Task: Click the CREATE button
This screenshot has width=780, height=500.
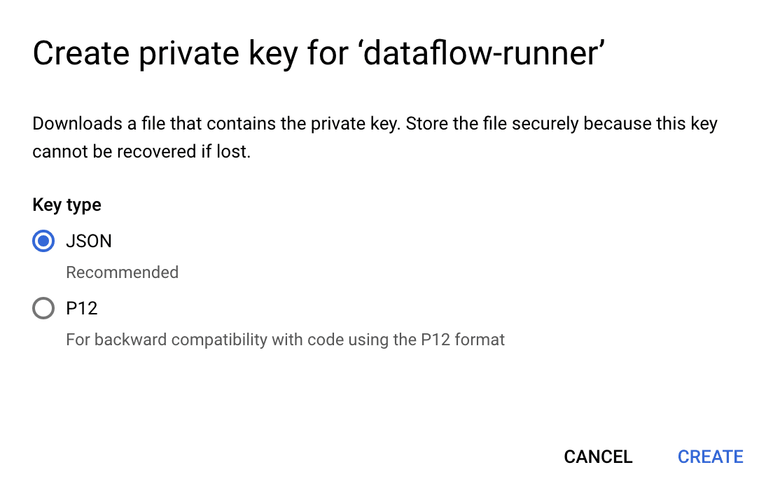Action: pyautogui.click(x=711, y=457)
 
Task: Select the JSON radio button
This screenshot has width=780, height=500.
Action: pyautogui.click(x=43, y=241)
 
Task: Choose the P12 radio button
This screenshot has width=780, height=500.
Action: pyautogui.click(x=43, y=308)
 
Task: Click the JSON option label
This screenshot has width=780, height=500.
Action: pyautogui.click(x=88, y=242)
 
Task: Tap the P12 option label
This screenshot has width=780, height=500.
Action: pyautogui.click(x=82, y=308)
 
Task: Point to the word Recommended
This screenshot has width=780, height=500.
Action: pyautogui.click(x=123, y=272)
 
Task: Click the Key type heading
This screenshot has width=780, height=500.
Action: pyautogui.click(x=67, y=205)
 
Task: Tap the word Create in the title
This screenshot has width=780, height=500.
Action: pyautogui.click(x=81, y=53)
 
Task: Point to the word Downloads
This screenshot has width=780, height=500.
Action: pyautogui.click(x=77, y=123)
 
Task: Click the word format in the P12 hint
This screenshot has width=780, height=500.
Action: pyautogui.click(x=480, y=340)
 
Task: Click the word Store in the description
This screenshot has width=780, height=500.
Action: pyautogui.click(x=427, y=123)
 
